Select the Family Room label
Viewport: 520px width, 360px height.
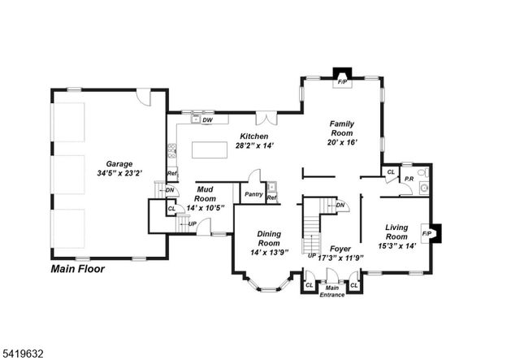(x=342, y=132)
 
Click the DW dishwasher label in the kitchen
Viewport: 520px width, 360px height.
(x=208, y=120)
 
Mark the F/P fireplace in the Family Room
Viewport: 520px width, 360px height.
(x=342, y=82)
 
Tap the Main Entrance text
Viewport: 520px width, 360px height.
(x=331, y=291)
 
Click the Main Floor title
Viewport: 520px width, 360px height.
(x=78, y=268)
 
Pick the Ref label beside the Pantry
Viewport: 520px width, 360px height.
(x=271, y=197)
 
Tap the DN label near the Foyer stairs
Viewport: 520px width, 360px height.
(x=341, y=205)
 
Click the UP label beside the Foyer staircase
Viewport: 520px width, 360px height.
(x=311, y=255)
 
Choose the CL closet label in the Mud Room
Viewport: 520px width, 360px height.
(x=171, y=209)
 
